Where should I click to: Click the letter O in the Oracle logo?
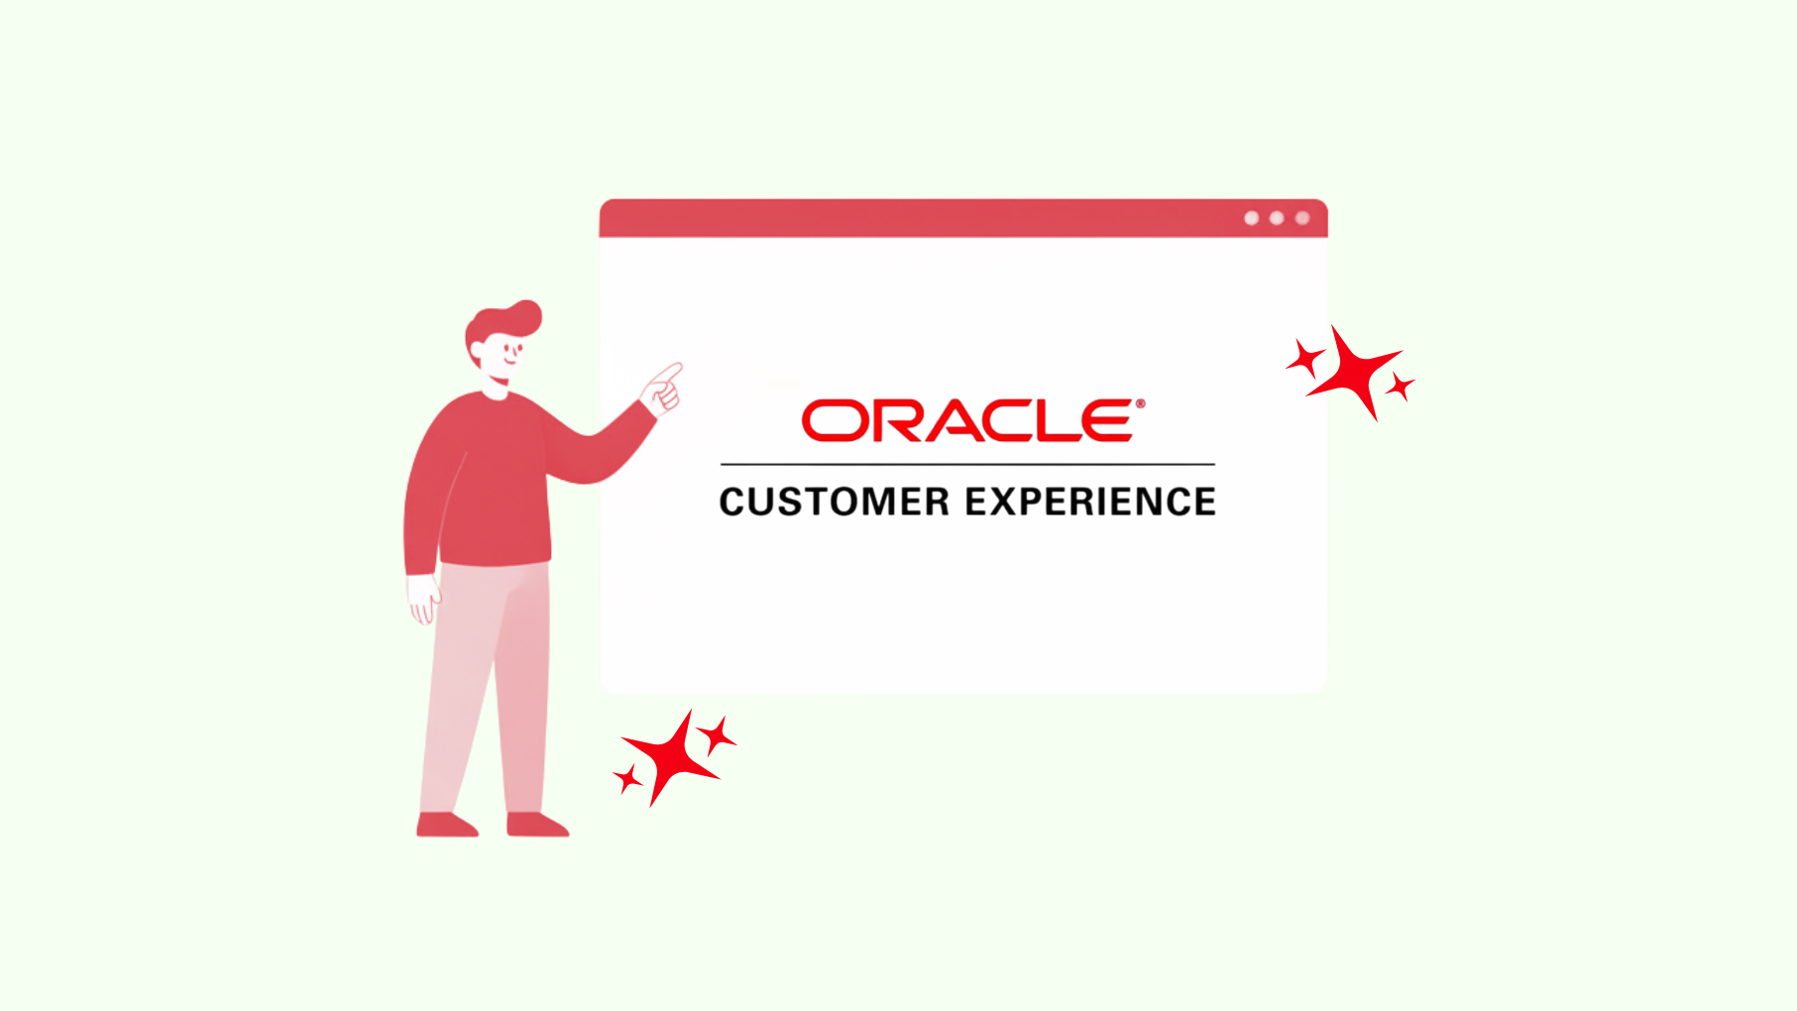[x=835, y=421]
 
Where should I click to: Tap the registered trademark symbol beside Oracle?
[x=1140, y=403]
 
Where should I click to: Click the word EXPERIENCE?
[x=1090, y=502]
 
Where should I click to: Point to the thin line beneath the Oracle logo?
[x=967, y=464]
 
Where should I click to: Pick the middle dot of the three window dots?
[x=1277, y=218]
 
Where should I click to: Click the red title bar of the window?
[x=963, y=218]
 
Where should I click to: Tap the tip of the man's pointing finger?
[x=680, y=366]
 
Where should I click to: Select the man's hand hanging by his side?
[x=424, y=598]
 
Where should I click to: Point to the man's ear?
[x=477, y=353]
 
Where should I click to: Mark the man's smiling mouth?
[x=510, y=360]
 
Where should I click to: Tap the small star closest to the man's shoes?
[x=627, y=779]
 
